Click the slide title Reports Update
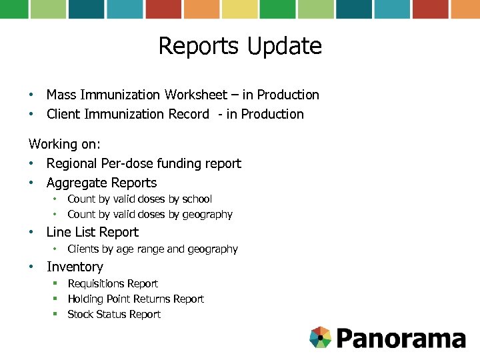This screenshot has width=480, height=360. pos(240,46)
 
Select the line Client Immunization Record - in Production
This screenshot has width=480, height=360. pos(175,114)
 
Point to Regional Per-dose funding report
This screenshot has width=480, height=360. pos(143,163)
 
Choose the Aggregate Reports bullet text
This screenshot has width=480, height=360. pos(101,183)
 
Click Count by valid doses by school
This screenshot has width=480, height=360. pos(139,199)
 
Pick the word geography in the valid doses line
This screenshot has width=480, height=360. pos(208,215)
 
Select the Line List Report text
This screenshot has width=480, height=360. pos(92,232)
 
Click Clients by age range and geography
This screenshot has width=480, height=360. pos(152,249)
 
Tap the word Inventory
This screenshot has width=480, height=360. pos(75,267)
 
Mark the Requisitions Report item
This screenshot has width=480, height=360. pos(113,283)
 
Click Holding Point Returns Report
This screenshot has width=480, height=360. pos(135,299)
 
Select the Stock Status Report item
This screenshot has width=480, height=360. pos(114,314)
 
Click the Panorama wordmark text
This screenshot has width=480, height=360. pos(401,338)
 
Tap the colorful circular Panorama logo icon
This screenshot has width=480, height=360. pos(321,337)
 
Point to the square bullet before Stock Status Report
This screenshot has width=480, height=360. pos(56,314)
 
